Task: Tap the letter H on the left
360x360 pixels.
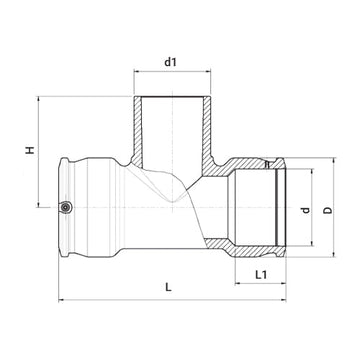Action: (28, 152)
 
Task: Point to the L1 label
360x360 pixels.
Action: (260, 273)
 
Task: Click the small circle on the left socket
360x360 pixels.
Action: (65, 208)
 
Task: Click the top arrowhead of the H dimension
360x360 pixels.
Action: (37, 99)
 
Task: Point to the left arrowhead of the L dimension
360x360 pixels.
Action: (60, 299)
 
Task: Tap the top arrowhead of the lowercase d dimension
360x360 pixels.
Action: (293, 172)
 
